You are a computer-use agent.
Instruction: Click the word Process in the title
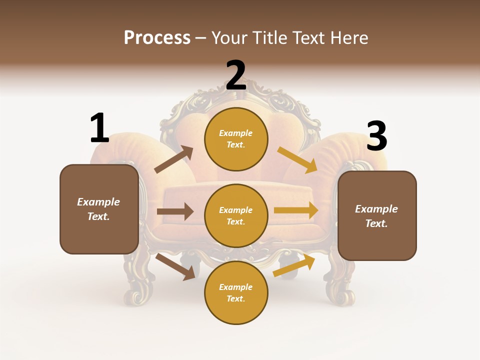(157, 37)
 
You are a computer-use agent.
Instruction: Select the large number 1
(99, 128)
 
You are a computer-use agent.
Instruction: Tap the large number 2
(236, 75)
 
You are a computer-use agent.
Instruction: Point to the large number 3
(376, 136)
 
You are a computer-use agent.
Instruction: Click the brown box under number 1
(99, 209)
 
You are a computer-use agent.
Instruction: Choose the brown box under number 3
(377, 216)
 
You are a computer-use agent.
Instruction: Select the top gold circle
(236, 139)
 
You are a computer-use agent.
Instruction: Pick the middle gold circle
(236, 216)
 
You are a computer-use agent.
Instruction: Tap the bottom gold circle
(236, 293)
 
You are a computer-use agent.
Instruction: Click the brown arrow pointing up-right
(174, 159)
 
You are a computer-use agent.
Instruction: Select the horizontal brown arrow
(175, 211)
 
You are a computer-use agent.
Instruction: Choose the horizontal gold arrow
(296, 210)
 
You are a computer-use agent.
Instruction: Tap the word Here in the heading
(349, 37)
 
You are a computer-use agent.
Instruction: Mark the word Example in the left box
(98, 202)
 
